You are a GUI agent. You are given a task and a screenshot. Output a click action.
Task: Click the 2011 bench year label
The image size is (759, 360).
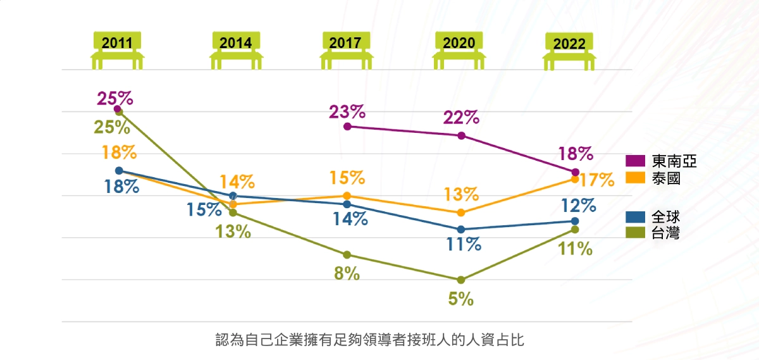click(117, 43)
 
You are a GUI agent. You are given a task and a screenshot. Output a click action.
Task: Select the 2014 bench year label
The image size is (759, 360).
click(236, 43)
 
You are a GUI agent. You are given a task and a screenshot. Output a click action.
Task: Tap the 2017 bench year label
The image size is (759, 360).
click(345, 43)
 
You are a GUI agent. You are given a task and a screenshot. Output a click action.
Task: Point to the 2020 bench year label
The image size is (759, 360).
click(459, 43)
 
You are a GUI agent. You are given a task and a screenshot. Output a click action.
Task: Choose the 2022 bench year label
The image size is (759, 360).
click(569, 44)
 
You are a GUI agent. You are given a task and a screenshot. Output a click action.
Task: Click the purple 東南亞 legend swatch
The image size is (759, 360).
click(635, 161)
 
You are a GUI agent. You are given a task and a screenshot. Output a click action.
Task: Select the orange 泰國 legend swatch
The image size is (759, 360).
click(635, 178)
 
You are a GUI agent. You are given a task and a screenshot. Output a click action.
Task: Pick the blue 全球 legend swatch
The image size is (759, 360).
click(635, 217)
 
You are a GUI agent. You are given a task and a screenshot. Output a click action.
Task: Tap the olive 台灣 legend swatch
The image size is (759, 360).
click(635, 233)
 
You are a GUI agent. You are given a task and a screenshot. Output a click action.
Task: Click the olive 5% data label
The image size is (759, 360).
click(461, 299)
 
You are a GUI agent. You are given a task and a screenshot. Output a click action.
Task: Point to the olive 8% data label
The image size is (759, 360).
click(347, 273)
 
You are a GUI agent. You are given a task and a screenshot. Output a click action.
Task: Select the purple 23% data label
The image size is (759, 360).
click(347, 111)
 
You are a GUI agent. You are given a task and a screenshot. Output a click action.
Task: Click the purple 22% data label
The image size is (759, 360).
click(461, 117)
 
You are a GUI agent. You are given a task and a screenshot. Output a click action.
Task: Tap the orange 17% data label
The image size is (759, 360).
click(597, 180)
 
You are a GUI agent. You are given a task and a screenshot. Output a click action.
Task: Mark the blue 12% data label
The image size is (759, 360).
click(579, 206)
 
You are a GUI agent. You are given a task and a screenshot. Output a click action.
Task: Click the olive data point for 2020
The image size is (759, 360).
click(461, 280)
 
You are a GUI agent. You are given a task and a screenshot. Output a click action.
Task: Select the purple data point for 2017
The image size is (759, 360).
click(347, 127)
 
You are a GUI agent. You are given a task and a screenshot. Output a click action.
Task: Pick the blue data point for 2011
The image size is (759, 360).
click(120, 170)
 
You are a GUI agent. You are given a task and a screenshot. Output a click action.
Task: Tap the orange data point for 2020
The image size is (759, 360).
click(461, 213)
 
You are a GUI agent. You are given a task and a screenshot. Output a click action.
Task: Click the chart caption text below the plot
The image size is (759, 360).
click(369, 340)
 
